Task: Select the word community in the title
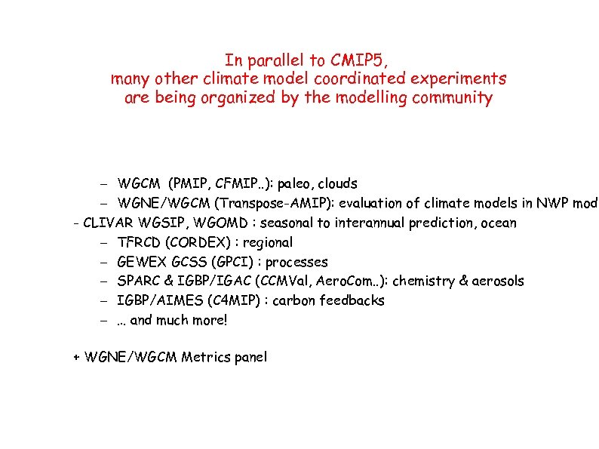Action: [452, 98]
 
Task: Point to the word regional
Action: [269, 242]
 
